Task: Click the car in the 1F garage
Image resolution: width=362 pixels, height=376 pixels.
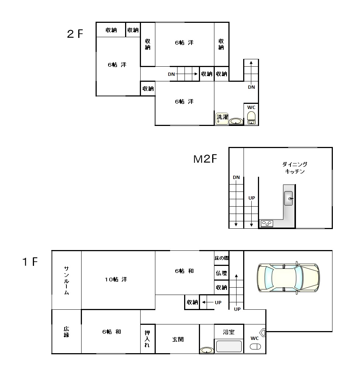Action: click(x=288, y=278)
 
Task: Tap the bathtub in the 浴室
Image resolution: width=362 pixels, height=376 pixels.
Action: click(x=229, y=346)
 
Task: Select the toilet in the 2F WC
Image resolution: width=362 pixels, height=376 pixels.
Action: click(x=251, y=118)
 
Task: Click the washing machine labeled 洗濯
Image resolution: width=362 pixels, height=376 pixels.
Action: click(x=222, y=119)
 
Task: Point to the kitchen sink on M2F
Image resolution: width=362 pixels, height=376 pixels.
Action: click(x=288, y=198)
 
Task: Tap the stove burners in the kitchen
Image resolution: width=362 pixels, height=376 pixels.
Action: click(x=267, y=224)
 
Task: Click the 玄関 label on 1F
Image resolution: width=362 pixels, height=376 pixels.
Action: click(x=178, y=339)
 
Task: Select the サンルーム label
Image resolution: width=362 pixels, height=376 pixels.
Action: click(x=66, y=280)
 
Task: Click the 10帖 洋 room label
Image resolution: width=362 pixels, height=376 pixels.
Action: click(x=116, y=280)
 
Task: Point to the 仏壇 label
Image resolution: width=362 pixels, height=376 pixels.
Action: click(x=221, y=273)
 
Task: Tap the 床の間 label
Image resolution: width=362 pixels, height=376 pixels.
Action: click(x=221, y=258)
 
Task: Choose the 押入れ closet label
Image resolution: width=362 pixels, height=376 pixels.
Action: click(x=147, y=339)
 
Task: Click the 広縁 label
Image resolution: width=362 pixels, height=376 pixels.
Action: click(x=66, y=332)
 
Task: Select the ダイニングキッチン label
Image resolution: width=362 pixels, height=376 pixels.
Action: click(x=295, y=168)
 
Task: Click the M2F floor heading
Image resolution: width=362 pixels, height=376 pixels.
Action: click(x=206, y=159)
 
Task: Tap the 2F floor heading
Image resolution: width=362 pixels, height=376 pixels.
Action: click(x=75, y=34)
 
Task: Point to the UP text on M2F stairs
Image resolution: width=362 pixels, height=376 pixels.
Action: click(x=252, y=198)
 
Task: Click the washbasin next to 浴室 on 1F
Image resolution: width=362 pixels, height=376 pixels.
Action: click(x=207, y=350)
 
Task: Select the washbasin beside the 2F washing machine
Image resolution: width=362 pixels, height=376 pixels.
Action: click(x=236, y=121)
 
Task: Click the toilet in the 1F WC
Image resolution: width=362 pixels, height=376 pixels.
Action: click(x=255, y=347)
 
